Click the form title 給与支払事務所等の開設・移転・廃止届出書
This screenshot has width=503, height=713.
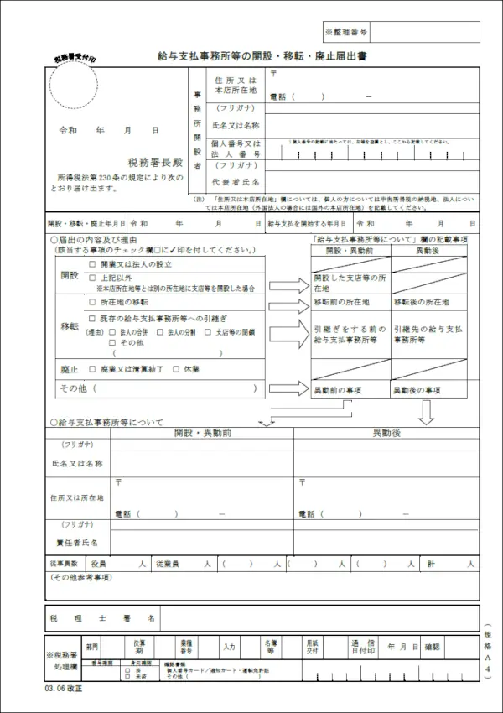(x=262, y=56)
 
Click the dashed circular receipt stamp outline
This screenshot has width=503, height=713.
(x=73, y=87)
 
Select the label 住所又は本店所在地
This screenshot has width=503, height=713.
(x=236, y=84)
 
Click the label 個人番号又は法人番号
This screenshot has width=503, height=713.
(x=236, y=148)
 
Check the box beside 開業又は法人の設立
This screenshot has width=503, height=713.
(x=92, y=263)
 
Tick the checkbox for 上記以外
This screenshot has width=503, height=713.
(x=92, y=277)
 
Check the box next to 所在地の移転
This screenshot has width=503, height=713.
(x=92, y=301)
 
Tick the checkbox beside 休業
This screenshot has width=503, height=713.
(x=176, y=369)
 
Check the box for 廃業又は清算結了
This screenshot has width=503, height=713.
(x=92, y=369)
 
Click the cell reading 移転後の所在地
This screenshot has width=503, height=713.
(x=422, y=301)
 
